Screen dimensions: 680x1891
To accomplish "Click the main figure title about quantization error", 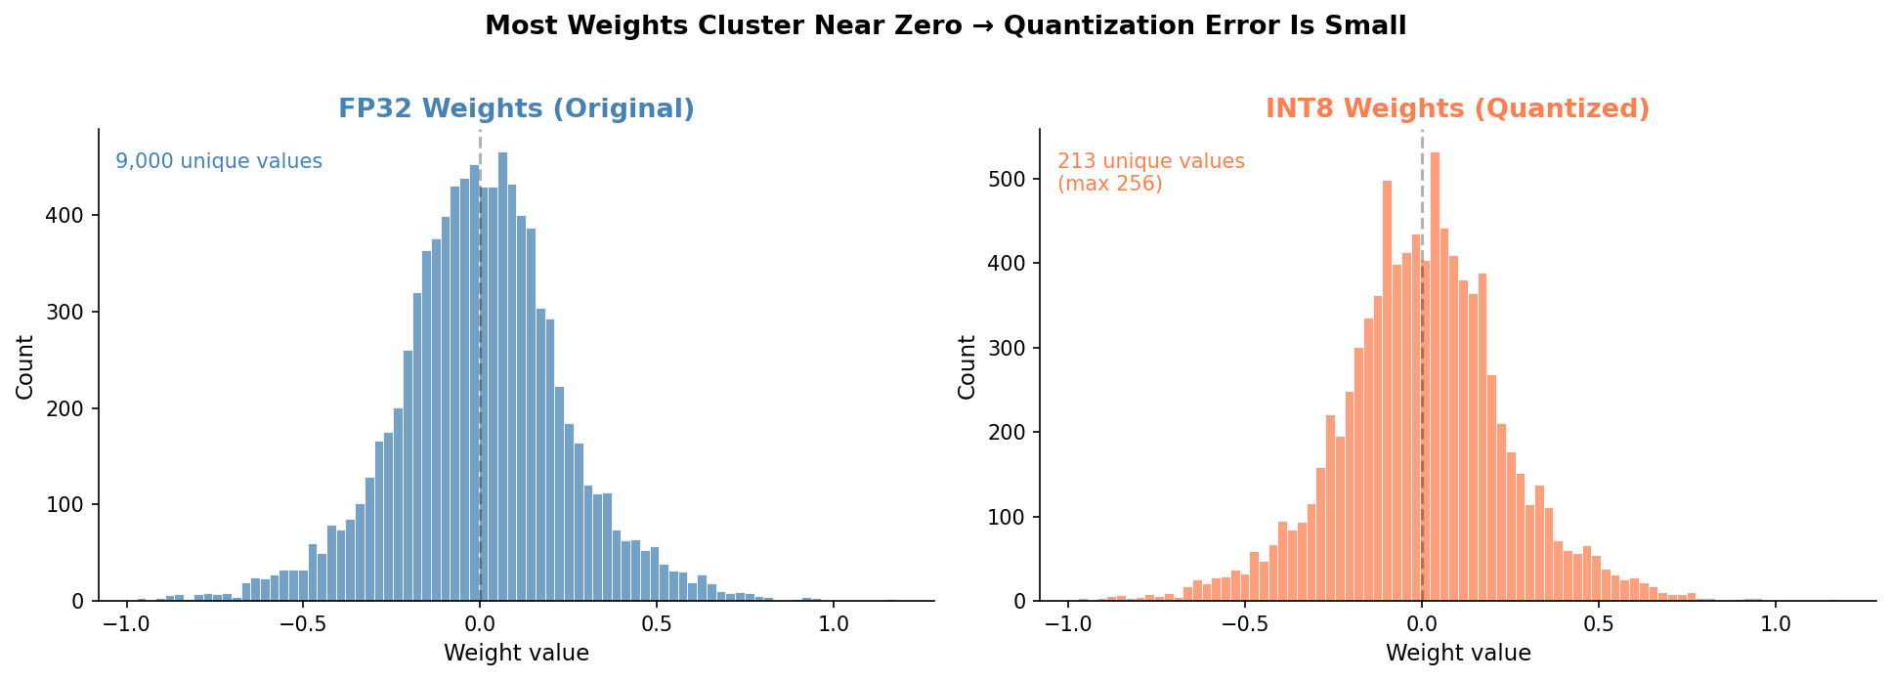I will [x=945, y=26].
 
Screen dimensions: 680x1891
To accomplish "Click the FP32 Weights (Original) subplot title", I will [x=516, y=108].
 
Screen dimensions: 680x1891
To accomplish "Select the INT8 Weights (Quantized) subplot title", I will [x=1457, y=108].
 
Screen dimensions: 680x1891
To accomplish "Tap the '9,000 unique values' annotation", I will [x=219, y=162].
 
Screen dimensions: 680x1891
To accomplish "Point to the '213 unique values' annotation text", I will [x=1150, y=161].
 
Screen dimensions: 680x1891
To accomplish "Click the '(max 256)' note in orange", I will [x=1110, y=184].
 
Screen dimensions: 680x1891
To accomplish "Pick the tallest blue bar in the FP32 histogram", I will [x=502, y=376].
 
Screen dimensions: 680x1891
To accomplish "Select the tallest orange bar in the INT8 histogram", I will [x=1435, y=376].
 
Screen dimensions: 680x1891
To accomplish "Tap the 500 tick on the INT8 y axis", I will [x=1011, y=179].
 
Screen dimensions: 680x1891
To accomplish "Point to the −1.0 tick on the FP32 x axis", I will [x=125, y=625].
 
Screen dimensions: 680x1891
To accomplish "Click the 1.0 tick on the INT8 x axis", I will [x=1776, y=625].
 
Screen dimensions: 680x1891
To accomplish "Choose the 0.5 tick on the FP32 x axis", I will [x=656, y=625].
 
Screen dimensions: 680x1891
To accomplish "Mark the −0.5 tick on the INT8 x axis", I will [x=1244, y=625].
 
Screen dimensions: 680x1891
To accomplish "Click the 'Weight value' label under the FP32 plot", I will [x=516, y=653].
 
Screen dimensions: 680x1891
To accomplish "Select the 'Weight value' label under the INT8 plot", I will [x=1458, y=653].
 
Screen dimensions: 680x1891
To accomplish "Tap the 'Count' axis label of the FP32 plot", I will [x=25, y=366].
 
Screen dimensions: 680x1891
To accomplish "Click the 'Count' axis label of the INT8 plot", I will [x=967, y=366].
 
